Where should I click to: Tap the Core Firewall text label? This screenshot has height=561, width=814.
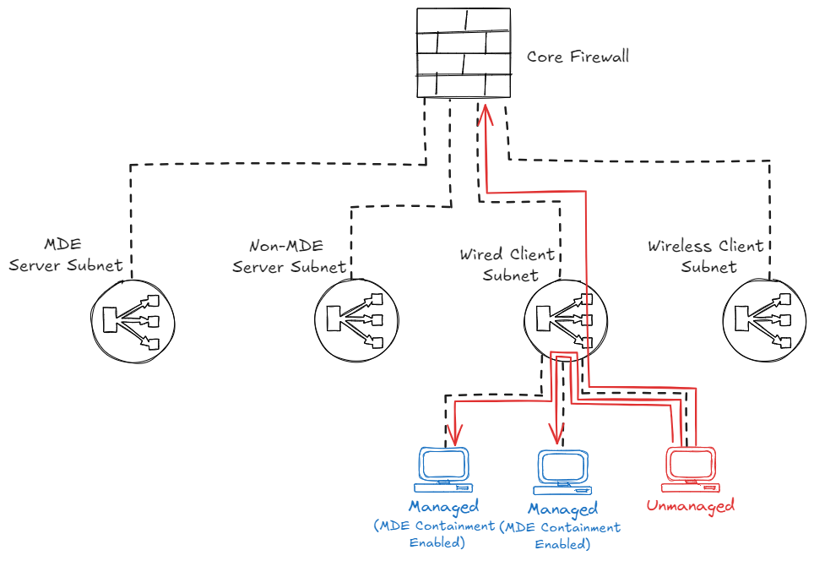coord(578,57)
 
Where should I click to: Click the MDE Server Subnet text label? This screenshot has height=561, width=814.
coord(66,255)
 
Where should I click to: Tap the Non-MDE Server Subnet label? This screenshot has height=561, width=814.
coord(289,256)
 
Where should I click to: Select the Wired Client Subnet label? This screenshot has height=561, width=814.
coord(507,264)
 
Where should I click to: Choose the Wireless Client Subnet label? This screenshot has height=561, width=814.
coord(706,256)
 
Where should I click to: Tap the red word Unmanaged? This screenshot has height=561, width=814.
coord(690,506)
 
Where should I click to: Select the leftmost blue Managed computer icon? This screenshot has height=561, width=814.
coord(443,470)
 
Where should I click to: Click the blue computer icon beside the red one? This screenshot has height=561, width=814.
coord(563,471)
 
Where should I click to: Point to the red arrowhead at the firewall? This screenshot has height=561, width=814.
coord(487,112)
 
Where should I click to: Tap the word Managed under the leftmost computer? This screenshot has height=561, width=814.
coord(443,507)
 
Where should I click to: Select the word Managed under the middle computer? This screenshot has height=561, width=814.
coord(562,509)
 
